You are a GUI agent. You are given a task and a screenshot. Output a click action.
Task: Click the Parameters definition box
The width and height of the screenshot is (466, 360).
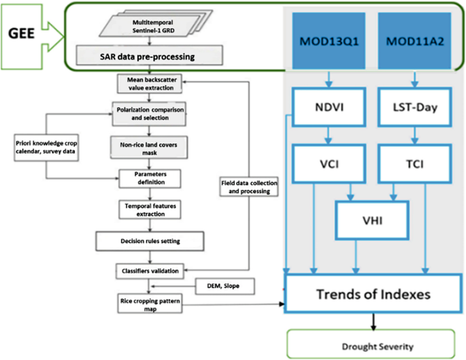(x=148, y=178)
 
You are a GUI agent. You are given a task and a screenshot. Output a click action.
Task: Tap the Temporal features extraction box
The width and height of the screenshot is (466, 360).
(x=148, y=208)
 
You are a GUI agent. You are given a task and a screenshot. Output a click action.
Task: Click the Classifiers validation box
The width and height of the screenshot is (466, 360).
(x=148, y=270)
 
